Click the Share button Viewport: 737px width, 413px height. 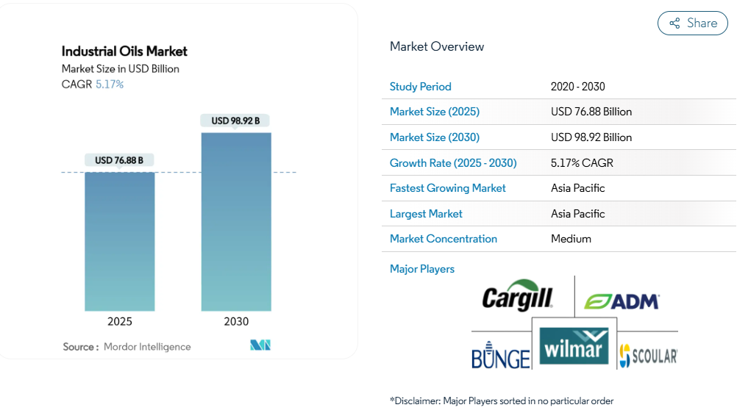click(x=692, y=24)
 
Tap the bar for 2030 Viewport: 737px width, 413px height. click(x=236, y=221)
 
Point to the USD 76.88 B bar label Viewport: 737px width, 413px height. click(x=119, y=160)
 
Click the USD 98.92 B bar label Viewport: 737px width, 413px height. click(x=235, y=121)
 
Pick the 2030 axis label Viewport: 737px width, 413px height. click(x=236, y=322)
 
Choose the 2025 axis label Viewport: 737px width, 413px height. click(x=119, y=322)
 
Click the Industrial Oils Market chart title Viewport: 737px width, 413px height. click(x=124, y=51)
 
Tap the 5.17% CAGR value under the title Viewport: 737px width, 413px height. click(x=110, y=85)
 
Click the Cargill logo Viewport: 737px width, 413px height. click(x=518, y=296)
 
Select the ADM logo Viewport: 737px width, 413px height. click(x=622, y=301)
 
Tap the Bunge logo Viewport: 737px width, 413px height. click(x=500, y=356)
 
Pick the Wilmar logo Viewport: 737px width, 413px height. click(x=574, y=347)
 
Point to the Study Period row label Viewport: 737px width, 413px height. click(x=420, y=87)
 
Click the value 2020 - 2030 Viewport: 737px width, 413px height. click(x=577, y=87)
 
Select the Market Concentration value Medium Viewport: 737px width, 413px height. click(x=571, y=239)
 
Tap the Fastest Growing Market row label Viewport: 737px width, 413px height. click(x=447, y=188)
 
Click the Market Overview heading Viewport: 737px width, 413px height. click(x=437, y=47)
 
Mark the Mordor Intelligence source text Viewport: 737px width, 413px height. click(x=147, y=347)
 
